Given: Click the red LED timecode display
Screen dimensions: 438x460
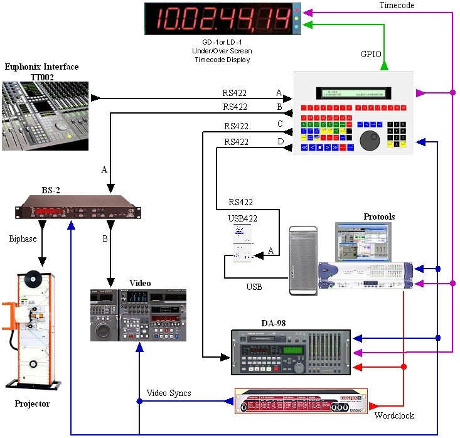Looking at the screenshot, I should click(223, 19).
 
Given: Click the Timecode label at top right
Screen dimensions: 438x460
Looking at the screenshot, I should click(397, 5).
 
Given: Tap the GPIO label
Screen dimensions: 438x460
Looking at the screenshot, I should click(370, 55).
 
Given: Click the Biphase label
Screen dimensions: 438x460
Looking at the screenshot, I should click(23, 238).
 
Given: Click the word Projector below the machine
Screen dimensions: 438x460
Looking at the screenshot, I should click(32, 403).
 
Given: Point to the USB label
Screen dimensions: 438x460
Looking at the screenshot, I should click(254, 287).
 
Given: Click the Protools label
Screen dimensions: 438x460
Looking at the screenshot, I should click(379, 217).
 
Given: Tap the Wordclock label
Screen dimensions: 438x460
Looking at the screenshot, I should click(394, 415).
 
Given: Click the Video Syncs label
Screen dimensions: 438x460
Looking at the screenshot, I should click(169, 393).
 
